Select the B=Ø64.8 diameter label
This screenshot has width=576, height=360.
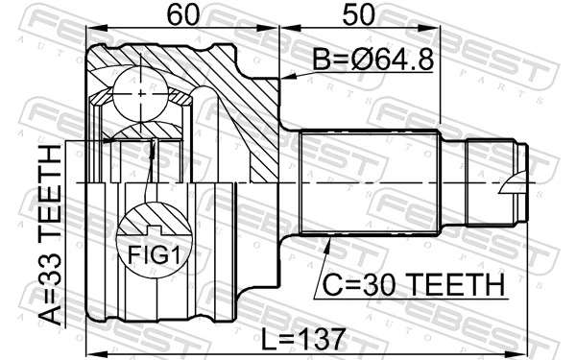(x=372, y=60)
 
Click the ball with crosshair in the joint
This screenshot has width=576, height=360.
(x=141, y=92)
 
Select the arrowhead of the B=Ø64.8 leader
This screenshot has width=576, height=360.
(x=281, y=78)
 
